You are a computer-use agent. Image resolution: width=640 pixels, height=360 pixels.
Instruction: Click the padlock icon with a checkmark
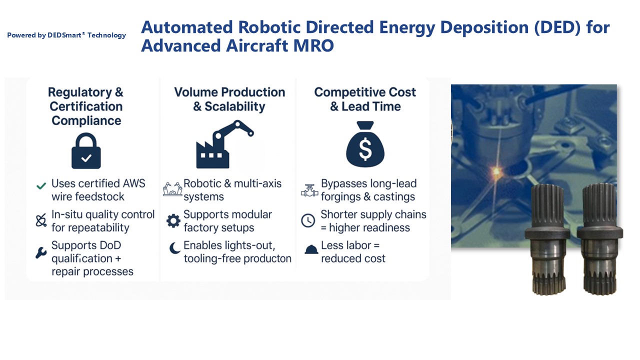pos(86,151)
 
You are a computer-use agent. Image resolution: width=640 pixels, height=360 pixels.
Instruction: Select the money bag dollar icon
pos(365,144)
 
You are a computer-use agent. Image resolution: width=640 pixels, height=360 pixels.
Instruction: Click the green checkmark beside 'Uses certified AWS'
pos(41,186)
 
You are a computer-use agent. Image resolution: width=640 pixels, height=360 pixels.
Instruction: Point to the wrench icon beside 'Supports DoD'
pos(41,253)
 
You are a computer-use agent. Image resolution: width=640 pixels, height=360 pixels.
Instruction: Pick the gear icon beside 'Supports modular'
pos(173,221)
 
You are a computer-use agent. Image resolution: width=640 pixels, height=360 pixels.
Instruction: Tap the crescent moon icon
pos(175,247)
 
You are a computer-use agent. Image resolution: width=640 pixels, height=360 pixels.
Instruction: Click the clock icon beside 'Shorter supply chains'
pos(308,220)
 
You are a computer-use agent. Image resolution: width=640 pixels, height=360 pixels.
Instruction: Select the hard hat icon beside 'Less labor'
pos(311,249)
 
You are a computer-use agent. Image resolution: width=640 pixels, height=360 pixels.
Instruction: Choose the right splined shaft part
pos(599,239)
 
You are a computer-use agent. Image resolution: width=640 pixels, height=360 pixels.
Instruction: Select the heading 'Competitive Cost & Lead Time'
pos(365,99)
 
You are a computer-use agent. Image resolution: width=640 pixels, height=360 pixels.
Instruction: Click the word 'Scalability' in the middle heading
pos(235,106)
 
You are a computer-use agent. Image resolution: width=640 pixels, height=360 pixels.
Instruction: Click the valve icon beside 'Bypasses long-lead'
pos(309,190)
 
